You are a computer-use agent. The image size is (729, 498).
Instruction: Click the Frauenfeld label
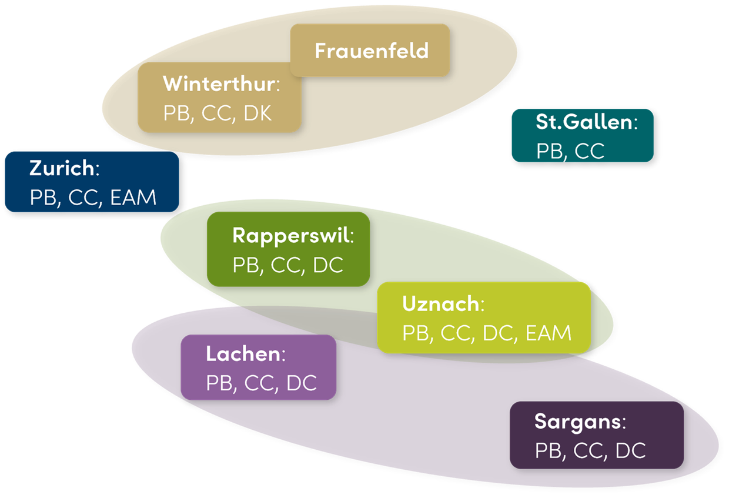pos(371,51)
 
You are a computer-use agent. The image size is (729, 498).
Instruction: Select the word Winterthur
pos(219,83)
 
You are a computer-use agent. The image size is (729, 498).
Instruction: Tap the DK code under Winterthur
pos(258,112)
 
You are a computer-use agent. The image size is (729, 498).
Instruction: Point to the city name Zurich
pos(61,168)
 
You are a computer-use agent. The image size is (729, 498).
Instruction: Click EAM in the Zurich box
pos(133,198)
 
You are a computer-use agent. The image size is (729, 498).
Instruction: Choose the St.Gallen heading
pos(583,122)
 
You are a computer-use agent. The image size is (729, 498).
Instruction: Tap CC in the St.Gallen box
pos(589,151)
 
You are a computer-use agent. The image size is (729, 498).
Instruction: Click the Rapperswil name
pos(291,235)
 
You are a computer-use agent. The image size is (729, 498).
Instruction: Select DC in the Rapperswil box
pos(328,265)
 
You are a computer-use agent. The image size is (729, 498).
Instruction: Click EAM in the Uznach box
pos(548,333)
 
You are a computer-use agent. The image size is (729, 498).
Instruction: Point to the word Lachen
pos(242,354)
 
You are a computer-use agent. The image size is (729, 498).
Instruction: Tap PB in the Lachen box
pos(218,383)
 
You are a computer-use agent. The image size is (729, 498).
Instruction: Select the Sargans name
pos(577,422)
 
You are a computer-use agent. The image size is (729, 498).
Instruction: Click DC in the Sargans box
pos(630,451)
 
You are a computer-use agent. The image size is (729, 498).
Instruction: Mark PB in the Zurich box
pos(42,198)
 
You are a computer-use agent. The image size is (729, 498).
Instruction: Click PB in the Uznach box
pos(414,333)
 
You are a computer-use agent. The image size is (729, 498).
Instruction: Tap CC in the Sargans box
pos(588,451)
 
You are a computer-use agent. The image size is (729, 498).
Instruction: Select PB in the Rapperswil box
pos(245,265)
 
